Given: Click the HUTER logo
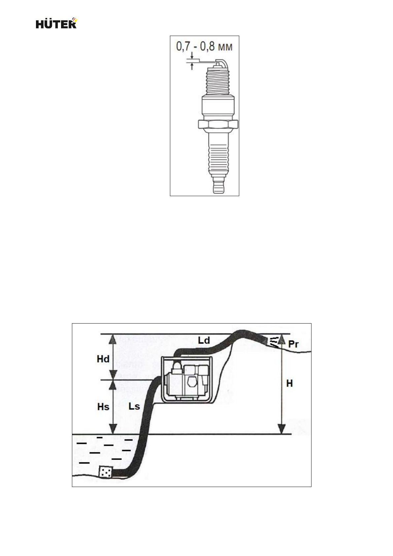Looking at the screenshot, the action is tap(56, 23).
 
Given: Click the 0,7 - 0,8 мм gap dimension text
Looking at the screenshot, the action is tap(204, 47).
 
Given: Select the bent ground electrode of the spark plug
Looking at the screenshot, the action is tap(222, 63).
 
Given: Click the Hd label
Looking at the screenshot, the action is tap(103, 359).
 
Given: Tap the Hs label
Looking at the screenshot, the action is tap(103, 407).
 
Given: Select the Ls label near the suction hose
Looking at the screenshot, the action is tap(134, 406).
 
